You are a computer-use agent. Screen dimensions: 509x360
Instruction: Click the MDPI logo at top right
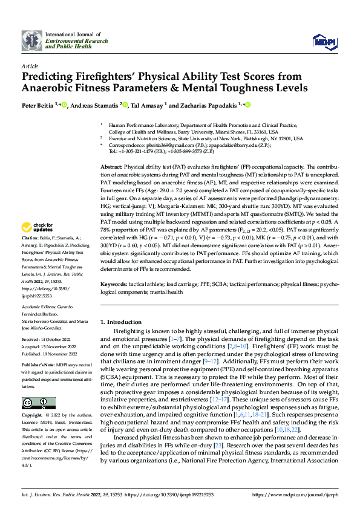pos(321,41)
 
